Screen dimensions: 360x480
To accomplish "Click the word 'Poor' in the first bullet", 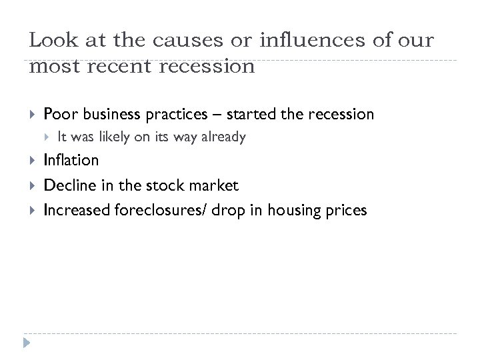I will [57, 115].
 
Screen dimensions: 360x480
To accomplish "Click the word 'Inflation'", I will [71, 160].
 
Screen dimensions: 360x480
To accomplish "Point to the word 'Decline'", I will [66, 185].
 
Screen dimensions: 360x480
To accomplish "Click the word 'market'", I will [215, 185].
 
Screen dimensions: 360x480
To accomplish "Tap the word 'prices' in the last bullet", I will [347, 211].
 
